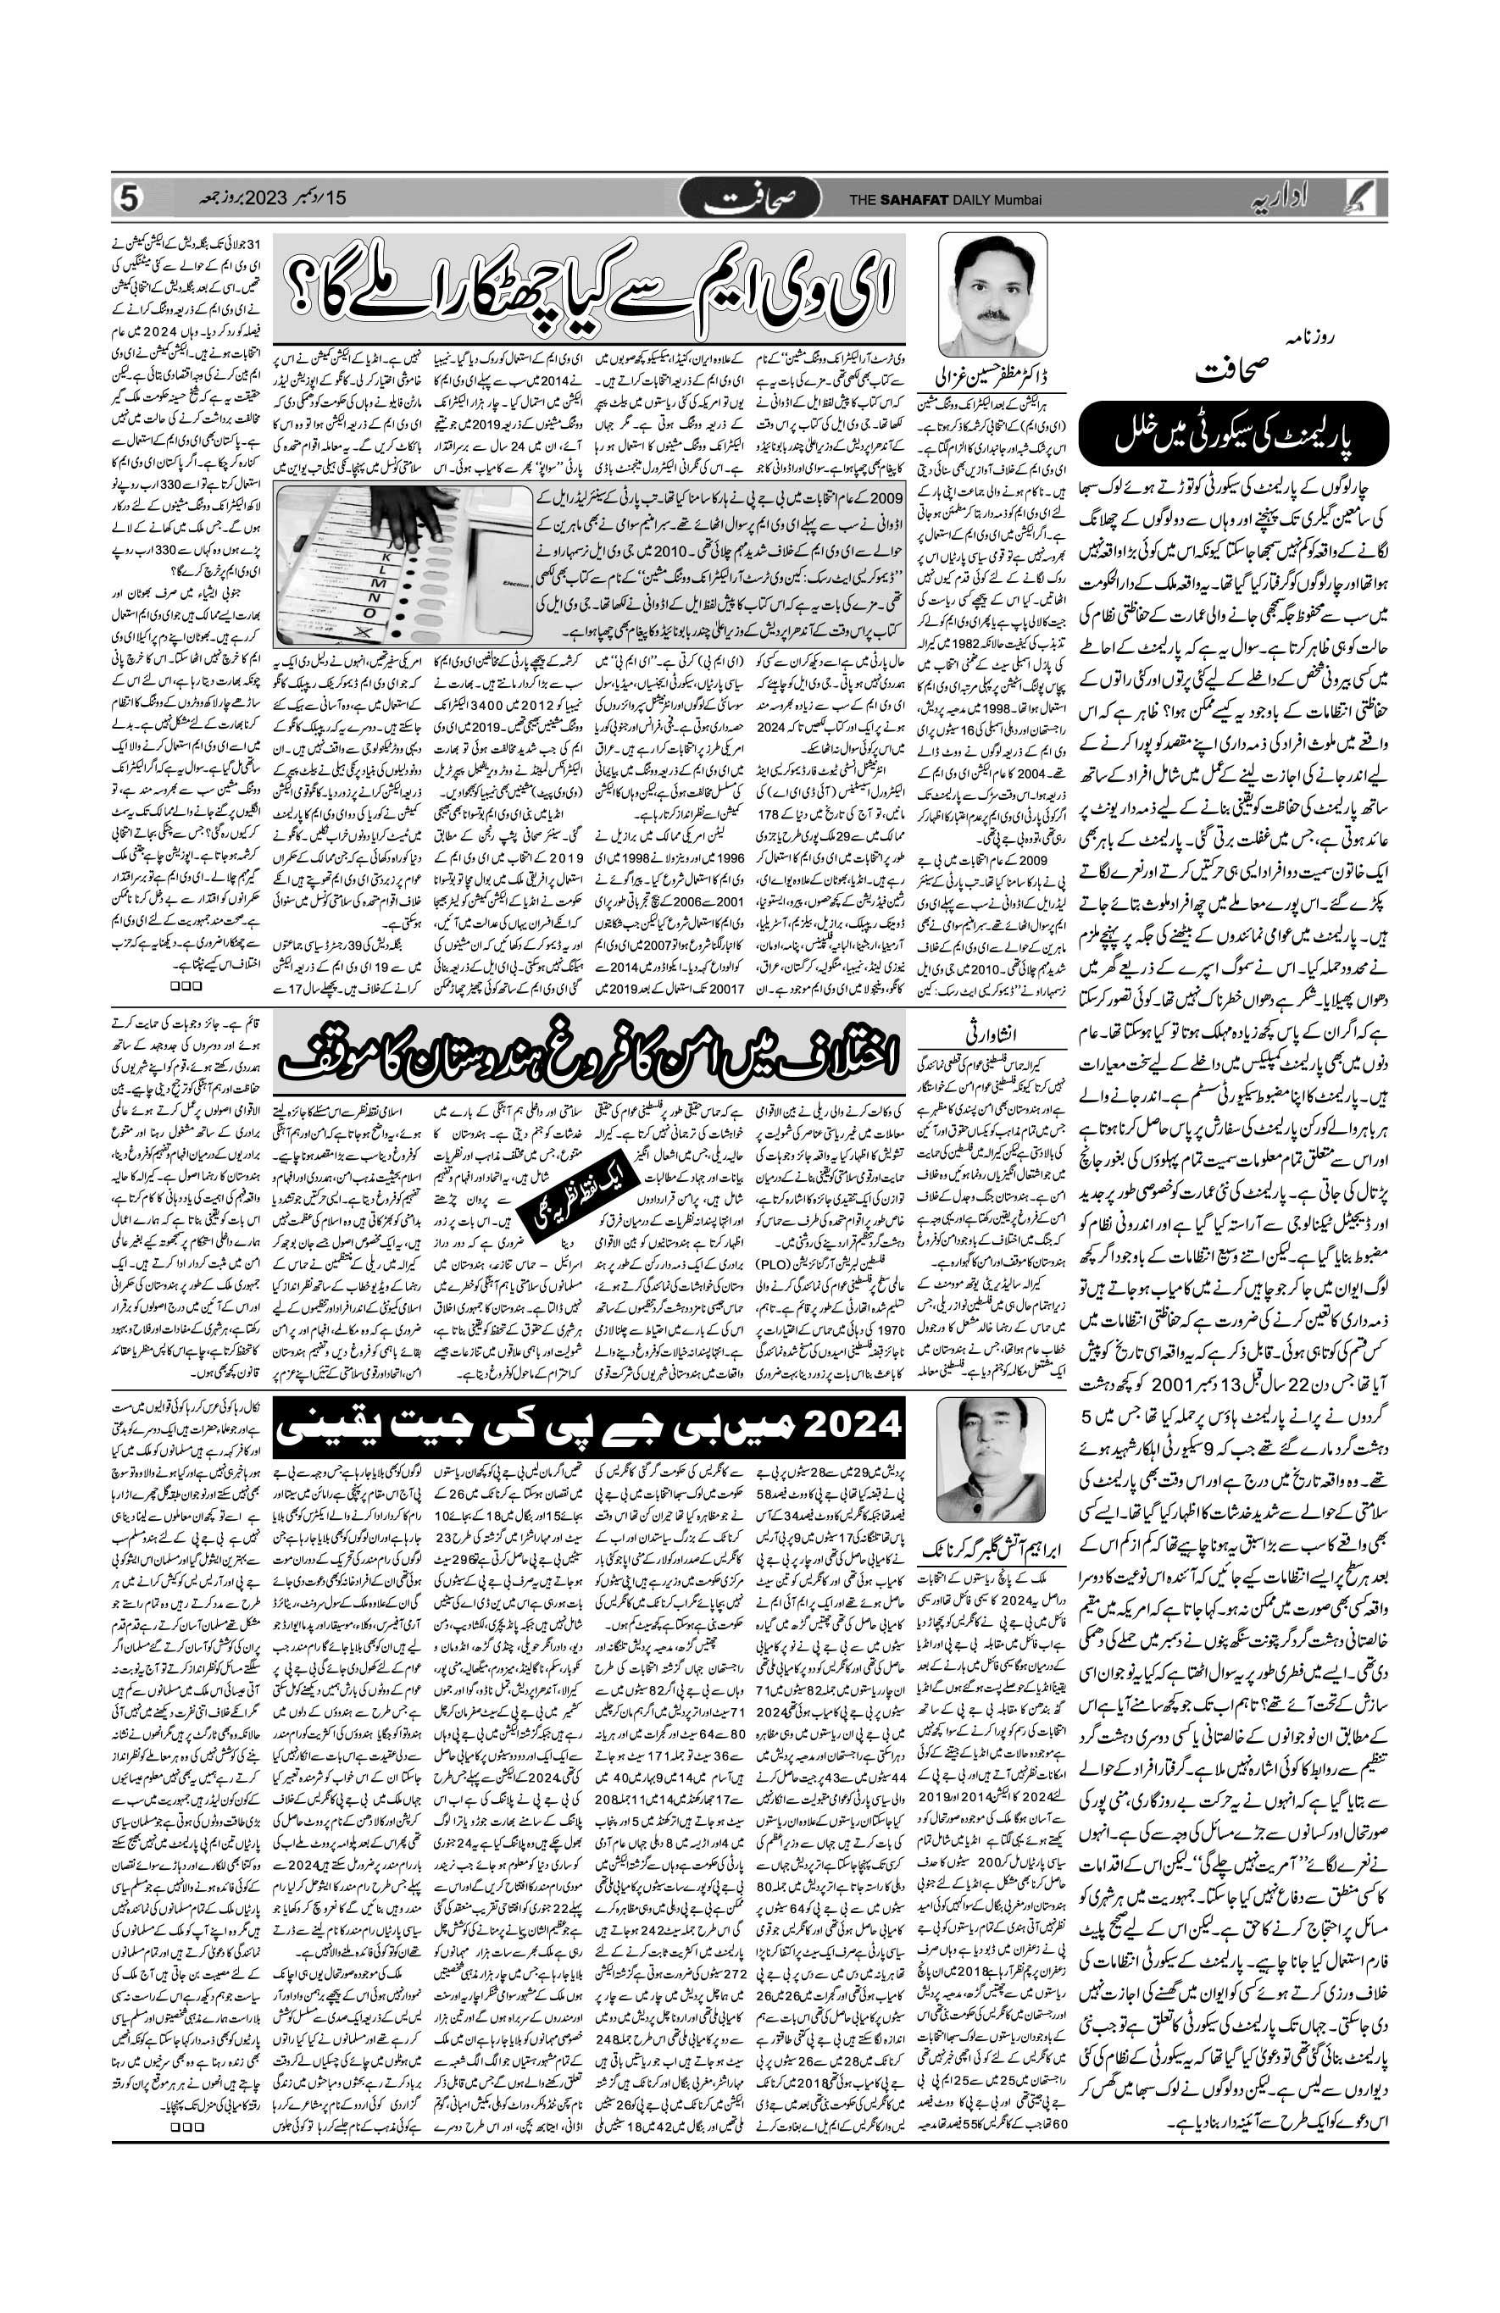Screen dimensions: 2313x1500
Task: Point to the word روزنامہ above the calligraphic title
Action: coord(1296,336)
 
